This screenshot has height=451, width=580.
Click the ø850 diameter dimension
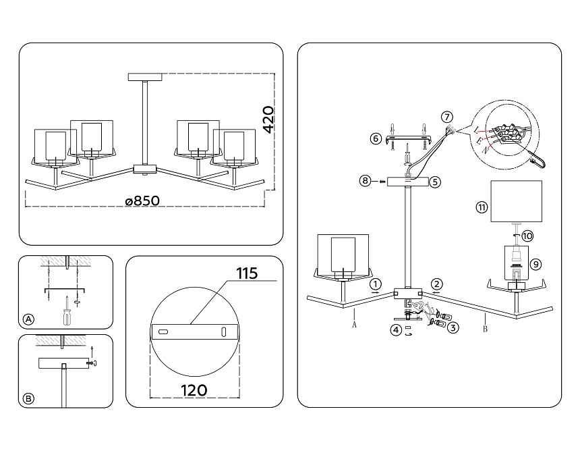(145, 201)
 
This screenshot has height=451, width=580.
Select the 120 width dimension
(194, 390)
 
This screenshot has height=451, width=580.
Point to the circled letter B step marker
(28, 399)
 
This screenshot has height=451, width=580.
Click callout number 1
(376, 284)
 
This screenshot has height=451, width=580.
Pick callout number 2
(437, 284)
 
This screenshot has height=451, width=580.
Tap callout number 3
(454, 328)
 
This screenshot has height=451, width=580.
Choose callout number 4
(397, 330)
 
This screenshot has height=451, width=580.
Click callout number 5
(435, 182)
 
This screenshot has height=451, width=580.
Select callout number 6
(376, 139)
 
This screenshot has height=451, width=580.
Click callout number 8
(365, 181)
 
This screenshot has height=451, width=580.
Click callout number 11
(481, 207)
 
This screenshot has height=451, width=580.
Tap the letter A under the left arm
(353, 324)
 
